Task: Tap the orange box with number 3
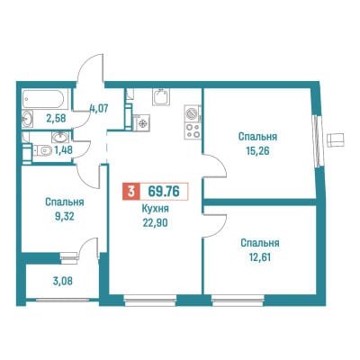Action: [x=130, y=191]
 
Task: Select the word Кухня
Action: [x=156, y=209]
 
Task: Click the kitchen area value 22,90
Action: [x=156, y=222]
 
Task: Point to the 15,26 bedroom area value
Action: [x=257, y=150]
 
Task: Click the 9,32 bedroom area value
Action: [x=64, y=216]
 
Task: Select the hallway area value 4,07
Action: [x=98, y=107]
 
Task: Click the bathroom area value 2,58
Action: [x=56, y=118]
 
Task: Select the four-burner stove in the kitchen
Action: [x=193, y=131]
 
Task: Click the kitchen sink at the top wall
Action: [x=161, y=96]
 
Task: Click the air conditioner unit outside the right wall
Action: [x=337, y=139]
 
